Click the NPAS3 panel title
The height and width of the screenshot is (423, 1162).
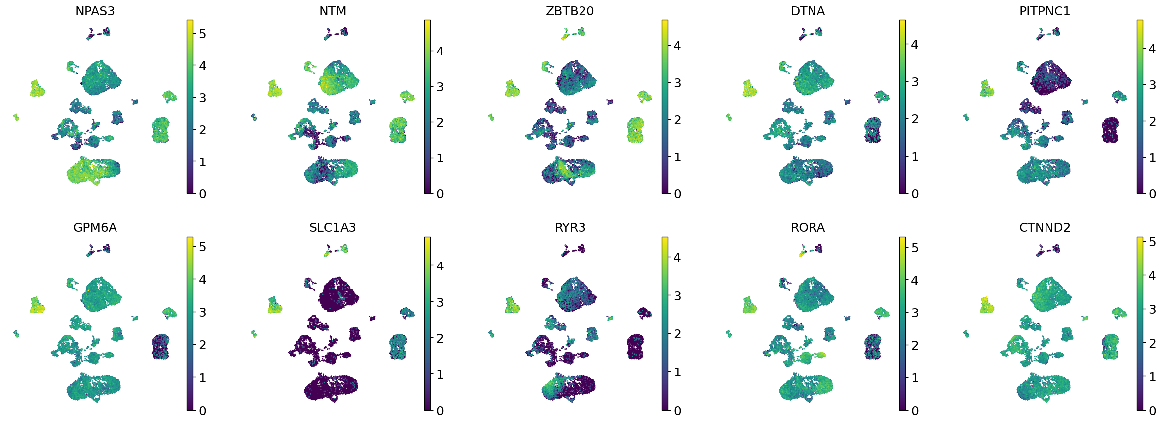[95, 11]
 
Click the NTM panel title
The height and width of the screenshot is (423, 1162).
[333, 11]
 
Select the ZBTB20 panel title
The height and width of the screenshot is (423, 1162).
[570, 11]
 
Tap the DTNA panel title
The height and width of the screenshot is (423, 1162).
[808, 11]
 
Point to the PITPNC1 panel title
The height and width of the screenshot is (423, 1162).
[1045, 11]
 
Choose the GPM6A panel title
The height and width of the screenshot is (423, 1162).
[95, 228]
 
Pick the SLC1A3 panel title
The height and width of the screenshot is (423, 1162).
[333, 228]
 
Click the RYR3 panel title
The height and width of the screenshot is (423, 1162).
[570, 228]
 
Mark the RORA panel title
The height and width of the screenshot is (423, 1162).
[808, 228]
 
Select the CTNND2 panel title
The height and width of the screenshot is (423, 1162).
[1045, 228]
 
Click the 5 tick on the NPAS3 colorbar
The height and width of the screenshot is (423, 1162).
[202, 34]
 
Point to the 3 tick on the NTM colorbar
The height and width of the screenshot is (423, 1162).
[440, 87]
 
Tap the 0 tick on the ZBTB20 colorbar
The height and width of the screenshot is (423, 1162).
[677, 194]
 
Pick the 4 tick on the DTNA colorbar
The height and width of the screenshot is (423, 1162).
[915, 44]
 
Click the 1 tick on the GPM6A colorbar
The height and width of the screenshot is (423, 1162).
[202, 378]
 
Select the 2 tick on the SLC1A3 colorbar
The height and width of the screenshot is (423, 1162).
[440, 338]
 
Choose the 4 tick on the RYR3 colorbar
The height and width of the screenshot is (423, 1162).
[677, 257]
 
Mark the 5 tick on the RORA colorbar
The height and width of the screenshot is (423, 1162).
[915, 248]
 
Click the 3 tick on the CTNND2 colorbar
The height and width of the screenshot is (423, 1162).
[1152, 309]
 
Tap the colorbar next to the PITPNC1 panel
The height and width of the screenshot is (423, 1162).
[1140, 106]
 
